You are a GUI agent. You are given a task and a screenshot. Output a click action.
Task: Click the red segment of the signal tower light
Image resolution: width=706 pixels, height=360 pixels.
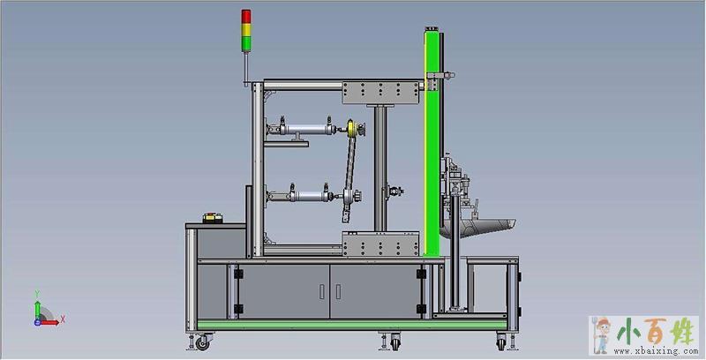tap(246, 16)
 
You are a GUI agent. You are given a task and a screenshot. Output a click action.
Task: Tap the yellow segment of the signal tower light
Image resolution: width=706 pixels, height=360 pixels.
tap(246, 30)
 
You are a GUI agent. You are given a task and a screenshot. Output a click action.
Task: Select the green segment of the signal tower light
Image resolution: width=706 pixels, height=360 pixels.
tap(246, 43)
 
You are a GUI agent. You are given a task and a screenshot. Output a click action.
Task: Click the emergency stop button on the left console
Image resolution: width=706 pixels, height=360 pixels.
tap(213, 218)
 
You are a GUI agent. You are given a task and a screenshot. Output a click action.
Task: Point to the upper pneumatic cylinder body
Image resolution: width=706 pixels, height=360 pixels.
tap(307, 130)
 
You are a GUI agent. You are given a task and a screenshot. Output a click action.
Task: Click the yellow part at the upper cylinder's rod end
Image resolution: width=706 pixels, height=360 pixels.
tap(351, 129)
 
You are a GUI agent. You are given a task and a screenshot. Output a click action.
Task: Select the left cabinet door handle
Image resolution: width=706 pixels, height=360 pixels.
tap(321, 291)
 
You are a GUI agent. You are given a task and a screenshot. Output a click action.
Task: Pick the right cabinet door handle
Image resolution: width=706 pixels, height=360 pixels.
tap(338, 291)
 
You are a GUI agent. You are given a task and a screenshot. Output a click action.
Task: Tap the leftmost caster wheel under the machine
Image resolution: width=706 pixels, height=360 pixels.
tap(203, 343)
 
